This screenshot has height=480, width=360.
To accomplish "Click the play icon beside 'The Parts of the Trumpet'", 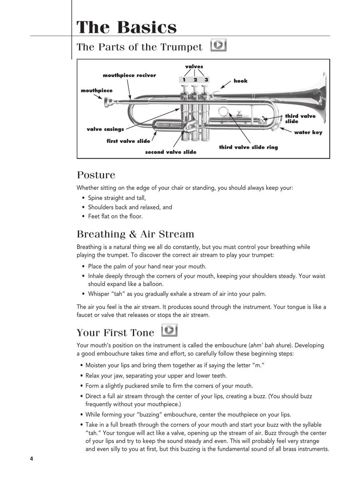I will (x=218, y=45).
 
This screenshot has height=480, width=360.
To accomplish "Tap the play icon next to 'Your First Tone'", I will (x=170, y=330).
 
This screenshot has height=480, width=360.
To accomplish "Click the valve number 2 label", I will (x=195, y=80).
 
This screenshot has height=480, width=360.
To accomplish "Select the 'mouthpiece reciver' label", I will (x=129, y=75).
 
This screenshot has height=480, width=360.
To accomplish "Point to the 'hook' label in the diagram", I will (x=240, y=81).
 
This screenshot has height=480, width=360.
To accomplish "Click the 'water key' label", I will (x=308, y=132).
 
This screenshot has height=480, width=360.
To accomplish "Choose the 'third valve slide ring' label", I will (x=248, y=147).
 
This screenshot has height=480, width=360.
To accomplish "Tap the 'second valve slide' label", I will (x=170, y=152).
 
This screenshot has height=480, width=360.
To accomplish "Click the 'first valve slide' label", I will (x=128, y=141).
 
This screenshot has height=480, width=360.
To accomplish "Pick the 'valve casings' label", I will (x=105, y=129).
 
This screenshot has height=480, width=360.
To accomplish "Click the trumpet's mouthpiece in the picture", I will (x=109, y=101).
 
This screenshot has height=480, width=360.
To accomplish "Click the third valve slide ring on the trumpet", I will (x=223, y=111).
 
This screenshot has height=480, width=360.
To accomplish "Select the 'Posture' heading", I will (x=96, y=175).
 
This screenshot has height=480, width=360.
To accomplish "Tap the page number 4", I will (x=31, y=459).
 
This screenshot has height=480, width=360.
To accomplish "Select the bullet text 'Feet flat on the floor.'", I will (x=115, y=216).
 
